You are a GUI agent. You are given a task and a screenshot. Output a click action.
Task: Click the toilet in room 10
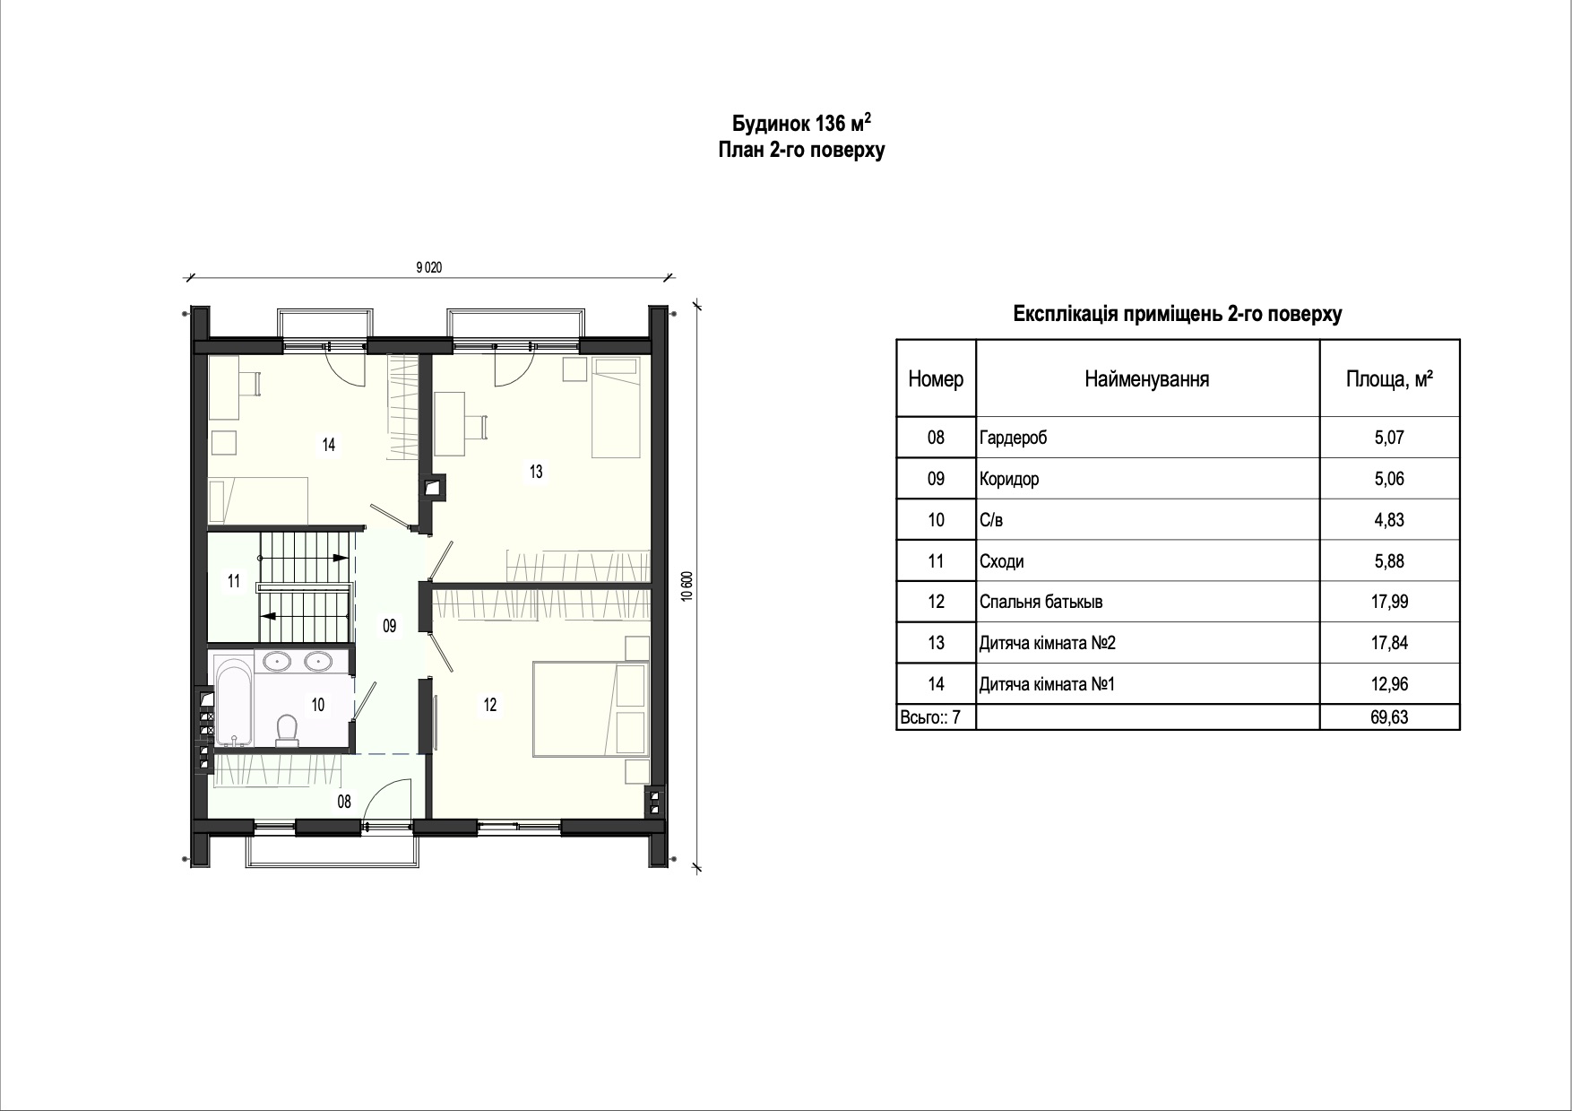pos(288,730)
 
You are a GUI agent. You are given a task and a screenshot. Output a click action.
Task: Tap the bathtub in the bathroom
pos(235,703)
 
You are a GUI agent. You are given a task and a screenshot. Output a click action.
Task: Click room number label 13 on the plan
pos(536,472)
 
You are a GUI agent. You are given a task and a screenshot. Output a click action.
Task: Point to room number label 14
pos(329,444)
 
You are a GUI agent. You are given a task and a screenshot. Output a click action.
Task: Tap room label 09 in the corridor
pos(390,627)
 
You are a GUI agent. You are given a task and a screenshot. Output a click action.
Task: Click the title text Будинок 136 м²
pos(801,123)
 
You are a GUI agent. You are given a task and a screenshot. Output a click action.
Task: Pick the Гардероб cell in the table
pos(1013,438)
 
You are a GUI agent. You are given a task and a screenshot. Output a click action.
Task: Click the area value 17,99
pos(1389,602)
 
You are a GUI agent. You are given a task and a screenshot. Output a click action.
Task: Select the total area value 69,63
pos(1389,717)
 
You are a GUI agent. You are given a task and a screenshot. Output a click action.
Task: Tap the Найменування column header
pos(1146,379)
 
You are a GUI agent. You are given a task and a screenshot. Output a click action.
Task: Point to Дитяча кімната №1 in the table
pos(1047,685)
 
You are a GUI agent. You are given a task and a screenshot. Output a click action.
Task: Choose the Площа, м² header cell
pos(1389,379)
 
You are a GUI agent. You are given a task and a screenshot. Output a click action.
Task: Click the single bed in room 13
pos(618,407)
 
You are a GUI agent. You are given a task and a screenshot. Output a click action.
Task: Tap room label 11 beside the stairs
pos(234,582)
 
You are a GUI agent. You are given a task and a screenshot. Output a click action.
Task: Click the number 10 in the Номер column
pos(936,520)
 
